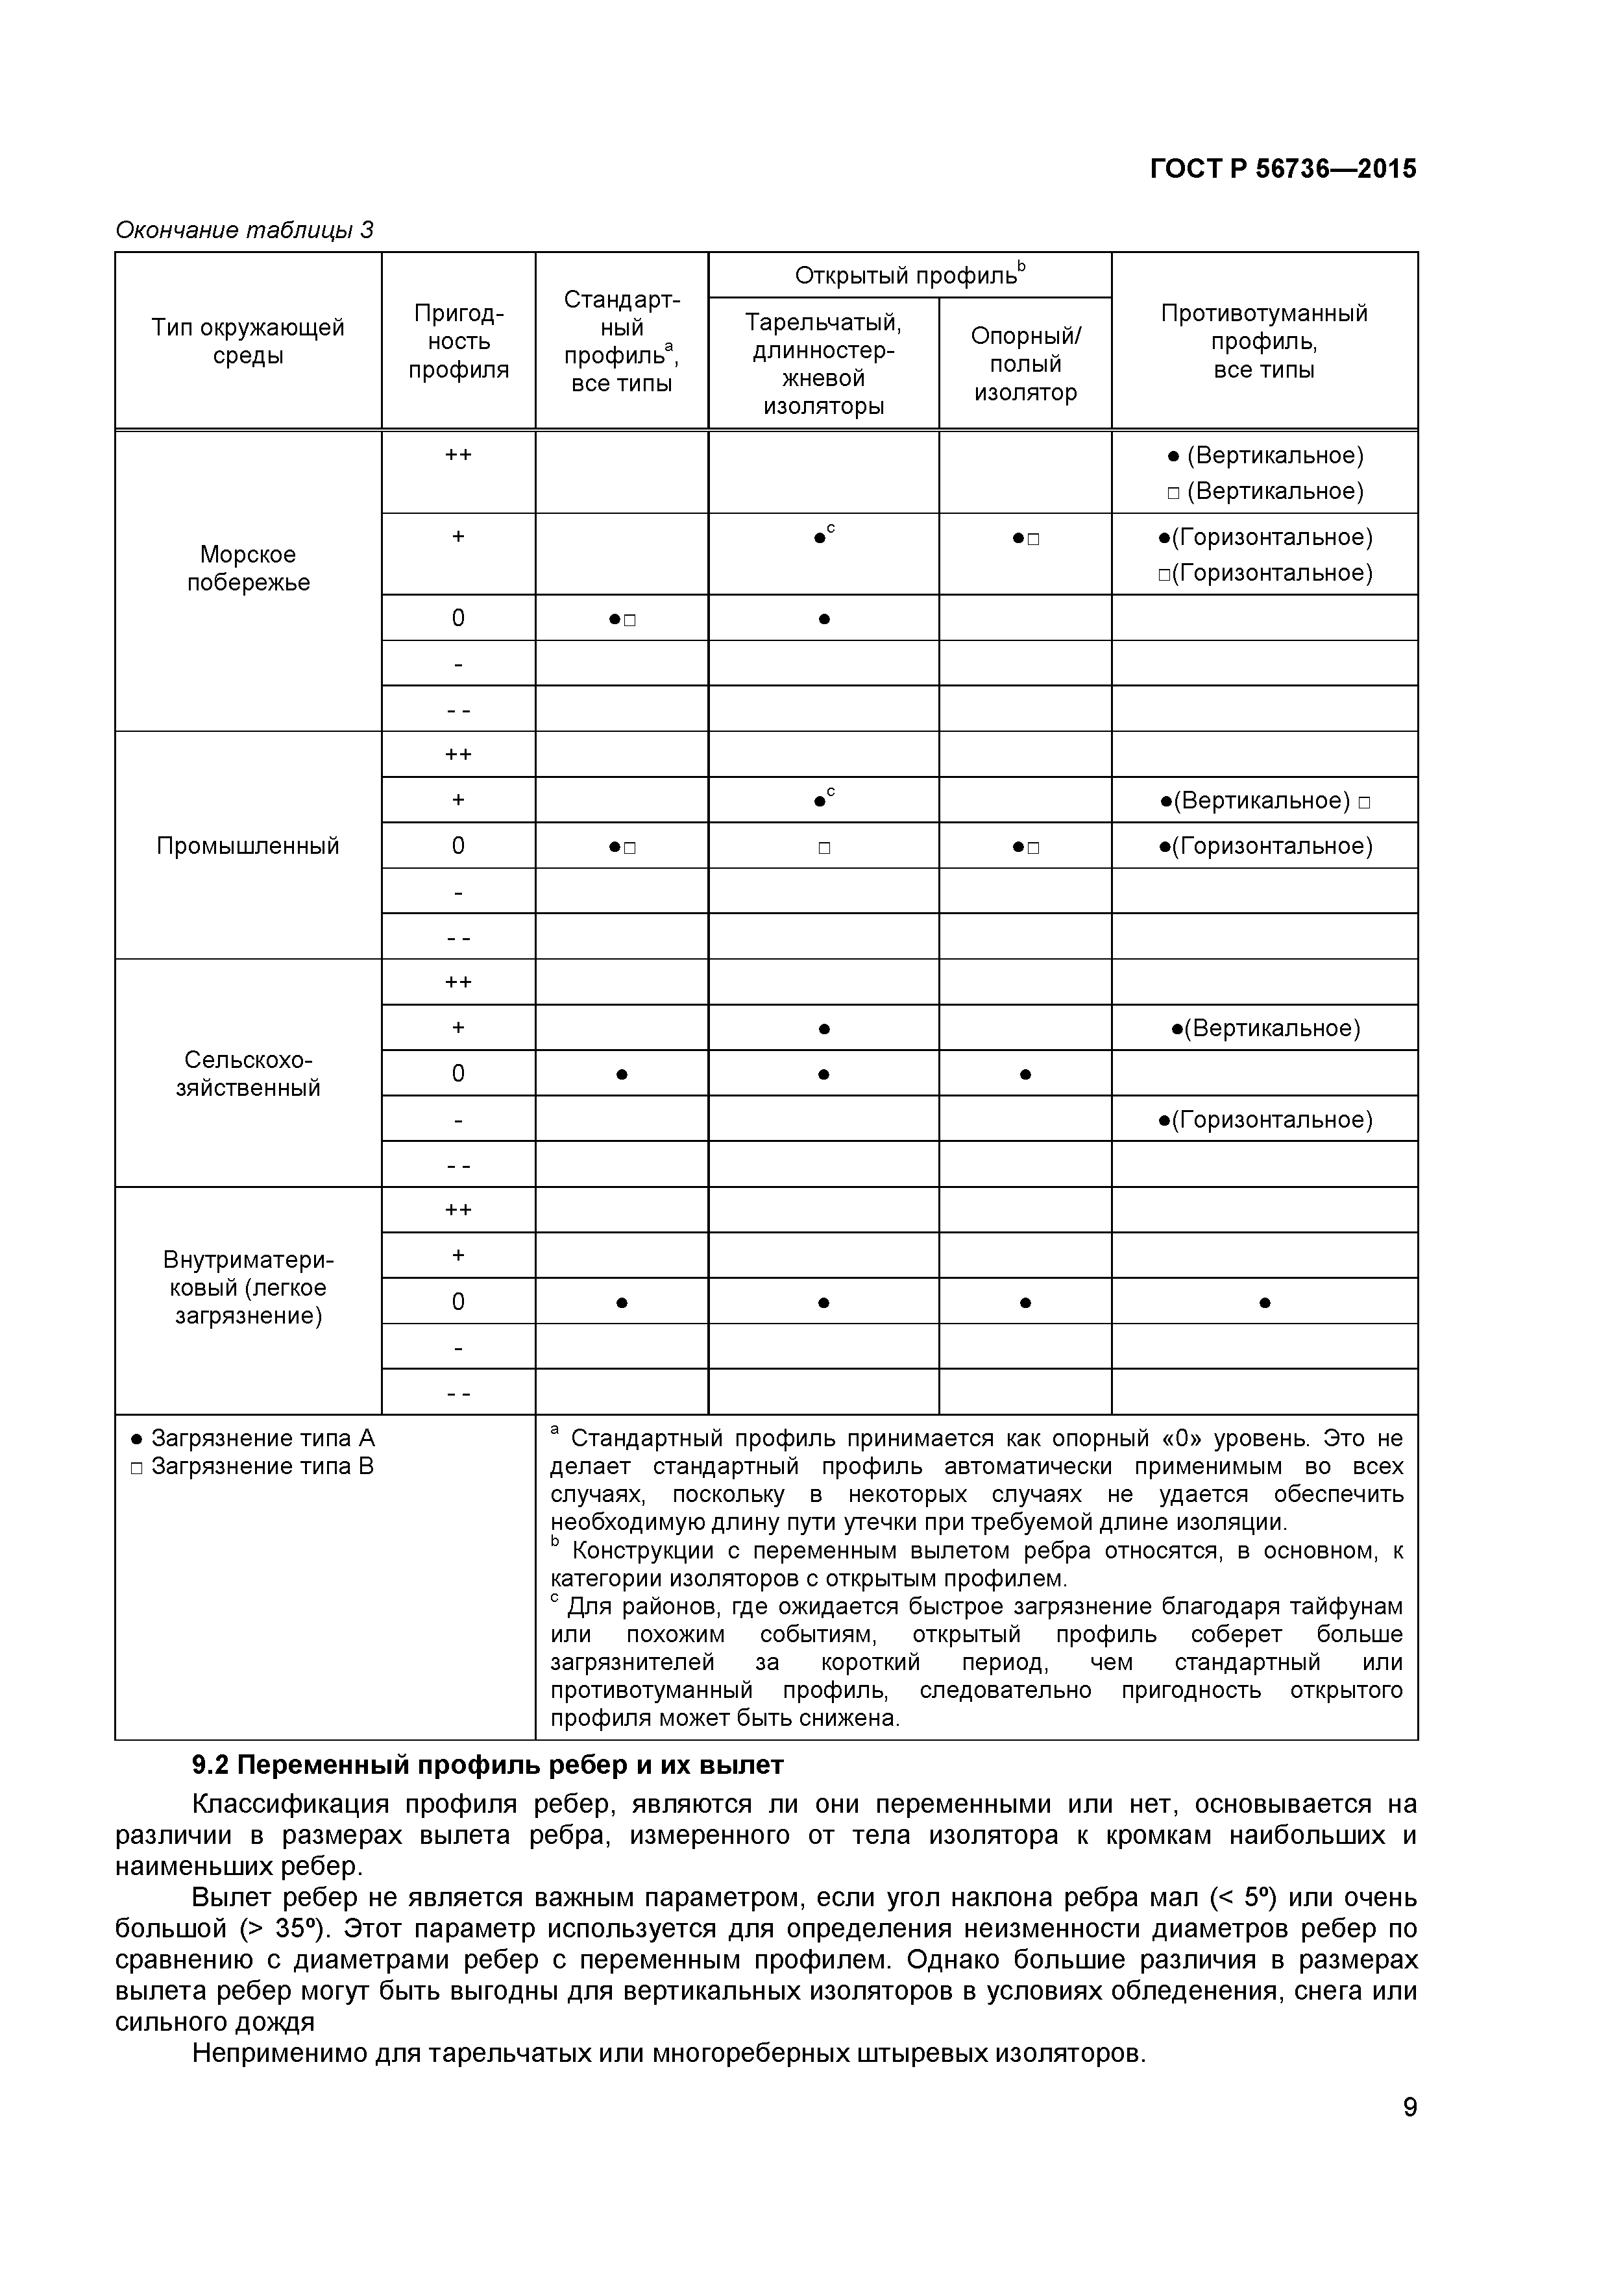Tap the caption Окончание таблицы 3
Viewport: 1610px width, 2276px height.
244,230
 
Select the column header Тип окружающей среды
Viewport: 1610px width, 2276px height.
248,341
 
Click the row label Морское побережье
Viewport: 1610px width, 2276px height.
248,568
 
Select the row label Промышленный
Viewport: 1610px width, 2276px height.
248,845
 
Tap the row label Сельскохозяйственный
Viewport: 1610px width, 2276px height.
248,1074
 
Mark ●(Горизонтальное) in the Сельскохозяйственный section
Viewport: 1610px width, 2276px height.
1264,1120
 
